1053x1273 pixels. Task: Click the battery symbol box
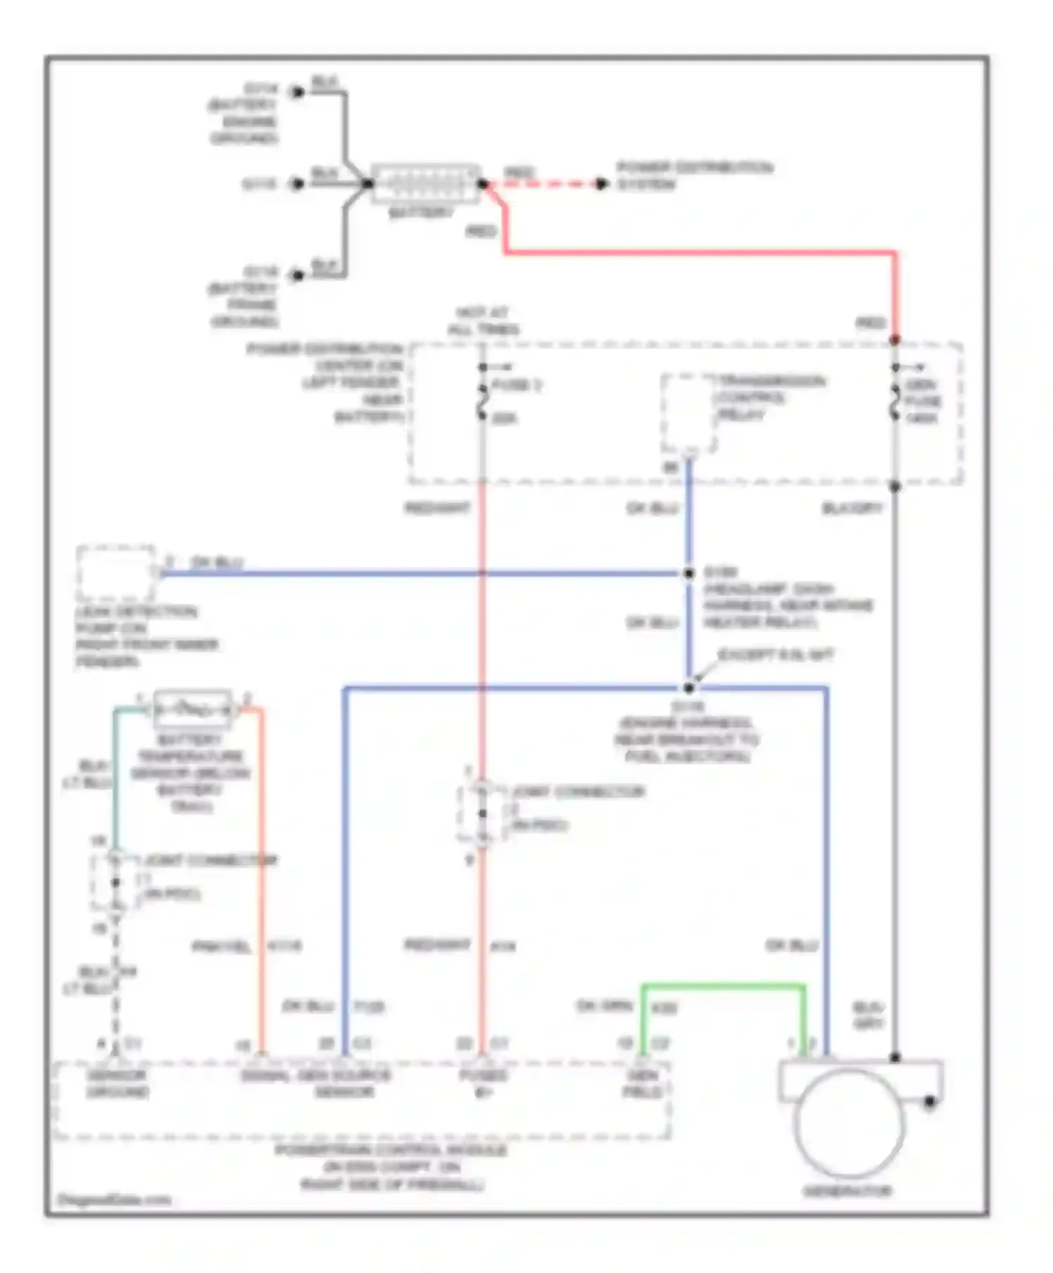(x=425, y=184)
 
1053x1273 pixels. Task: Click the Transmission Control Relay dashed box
(x=688, y=414)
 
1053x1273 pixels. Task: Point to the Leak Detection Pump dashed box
(x=116, y=573)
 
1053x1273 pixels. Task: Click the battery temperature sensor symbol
(x=192, y=709)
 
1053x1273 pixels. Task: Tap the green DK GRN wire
(x=723, y=987)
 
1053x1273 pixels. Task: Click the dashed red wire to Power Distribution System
(x=544, y=185)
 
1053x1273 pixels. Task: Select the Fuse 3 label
(x=517, y=385)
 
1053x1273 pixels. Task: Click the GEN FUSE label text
(x=922, y=401)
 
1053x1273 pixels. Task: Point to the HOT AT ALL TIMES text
(x=483, y=321)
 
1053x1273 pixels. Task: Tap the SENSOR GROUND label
(x=117, y=1084)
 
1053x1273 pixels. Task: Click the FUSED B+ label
(x=483, y=1084)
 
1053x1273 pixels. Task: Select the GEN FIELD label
(x=642, y=1084)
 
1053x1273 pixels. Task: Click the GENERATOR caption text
(x=847, y=1191)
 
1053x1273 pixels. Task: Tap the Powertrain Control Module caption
(x=391, y=1167)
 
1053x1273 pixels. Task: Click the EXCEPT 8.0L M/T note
(x=775, y=655)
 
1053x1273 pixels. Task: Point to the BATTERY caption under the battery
(x=420, y=212)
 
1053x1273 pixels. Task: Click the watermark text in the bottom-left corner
(x=114, y=1199)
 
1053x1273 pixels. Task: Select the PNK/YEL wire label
(x=221, y=947)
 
